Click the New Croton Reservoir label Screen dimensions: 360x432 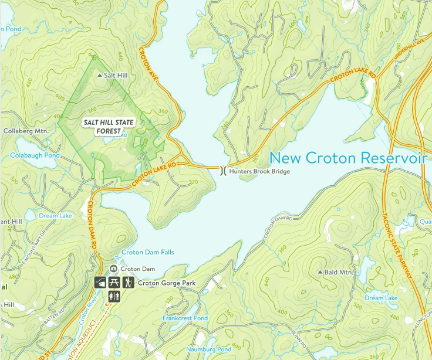[346, 158]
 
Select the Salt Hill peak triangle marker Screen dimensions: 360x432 [99, 76]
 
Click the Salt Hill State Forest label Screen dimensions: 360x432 [109, 127]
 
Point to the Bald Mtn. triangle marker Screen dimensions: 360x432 [320, 273]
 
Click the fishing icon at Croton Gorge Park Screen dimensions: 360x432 [100, 283]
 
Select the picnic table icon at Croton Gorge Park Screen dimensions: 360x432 [114, 283]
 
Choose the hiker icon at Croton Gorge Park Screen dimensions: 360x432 [128, 283]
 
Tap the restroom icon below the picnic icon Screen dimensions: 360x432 [114, 296]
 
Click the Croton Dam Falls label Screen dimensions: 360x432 [147, 253]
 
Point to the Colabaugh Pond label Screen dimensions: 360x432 [35, 155]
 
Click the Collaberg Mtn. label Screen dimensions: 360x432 [25, 131]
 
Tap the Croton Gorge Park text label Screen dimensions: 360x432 [166, 283]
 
